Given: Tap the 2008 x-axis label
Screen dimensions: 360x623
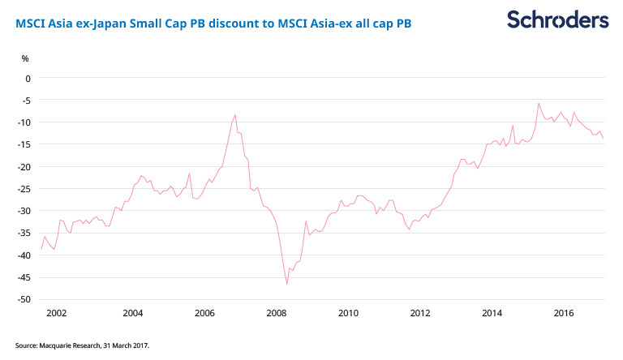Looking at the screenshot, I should click(277, 313).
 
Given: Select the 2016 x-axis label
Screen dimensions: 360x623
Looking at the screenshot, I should click(564, 313).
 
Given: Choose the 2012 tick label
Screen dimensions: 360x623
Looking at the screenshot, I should click(420, 313).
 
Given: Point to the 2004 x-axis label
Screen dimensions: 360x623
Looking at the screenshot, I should click(133, 313).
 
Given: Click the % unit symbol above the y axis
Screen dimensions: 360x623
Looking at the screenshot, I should click(25, 58).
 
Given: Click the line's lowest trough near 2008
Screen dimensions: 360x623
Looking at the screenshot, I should click(287, 284).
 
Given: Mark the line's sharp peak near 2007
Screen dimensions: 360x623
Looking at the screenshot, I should click(235, 115).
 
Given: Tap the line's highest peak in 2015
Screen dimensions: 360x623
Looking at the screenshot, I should click(539, 103).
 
